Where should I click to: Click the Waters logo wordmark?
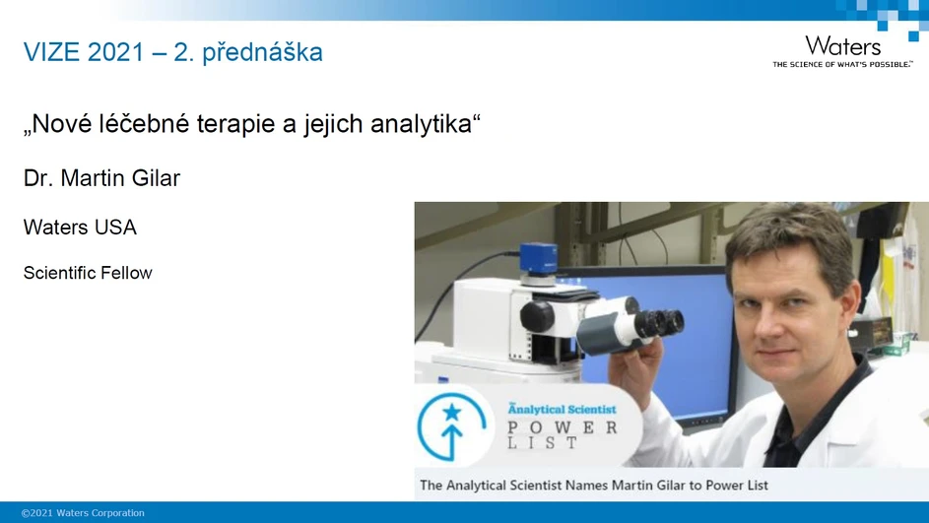pos(842,45)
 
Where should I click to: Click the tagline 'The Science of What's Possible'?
pos(841,64)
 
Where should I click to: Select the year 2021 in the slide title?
pos(115,52)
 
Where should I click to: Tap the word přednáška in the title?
pos(262,52)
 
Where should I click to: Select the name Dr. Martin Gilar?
pos(101,178)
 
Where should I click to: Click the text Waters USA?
pos(80,228)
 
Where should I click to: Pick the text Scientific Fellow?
pos(88,273)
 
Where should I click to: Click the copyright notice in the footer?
pos(83,513)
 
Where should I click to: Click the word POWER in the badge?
pos(562,427)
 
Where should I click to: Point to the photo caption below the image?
pos(593,485)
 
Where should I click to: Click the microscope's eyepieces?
pos(654,323)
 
